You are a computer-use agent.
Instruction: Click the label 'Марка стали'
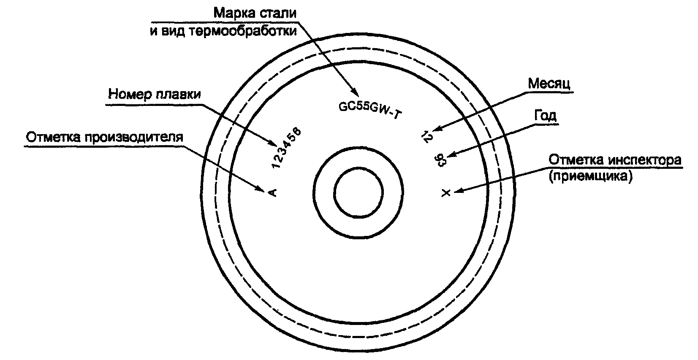255,13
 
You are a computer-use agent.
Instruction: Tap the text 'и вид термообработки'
223,32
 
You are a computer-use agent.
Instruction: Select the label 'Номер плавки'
155,94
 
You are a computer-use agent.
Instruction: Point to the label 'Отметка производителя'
104,138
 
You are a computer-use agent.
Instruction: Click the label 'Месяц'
549,84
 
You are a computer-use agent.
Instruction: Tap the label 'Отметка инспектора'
615,160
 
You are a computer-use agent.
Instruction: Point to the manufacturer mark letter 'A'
272,193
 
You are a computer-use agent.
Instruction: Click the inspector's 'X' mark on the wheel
446,193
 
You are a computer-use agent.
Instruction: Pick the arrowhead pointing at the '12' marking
437,130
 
